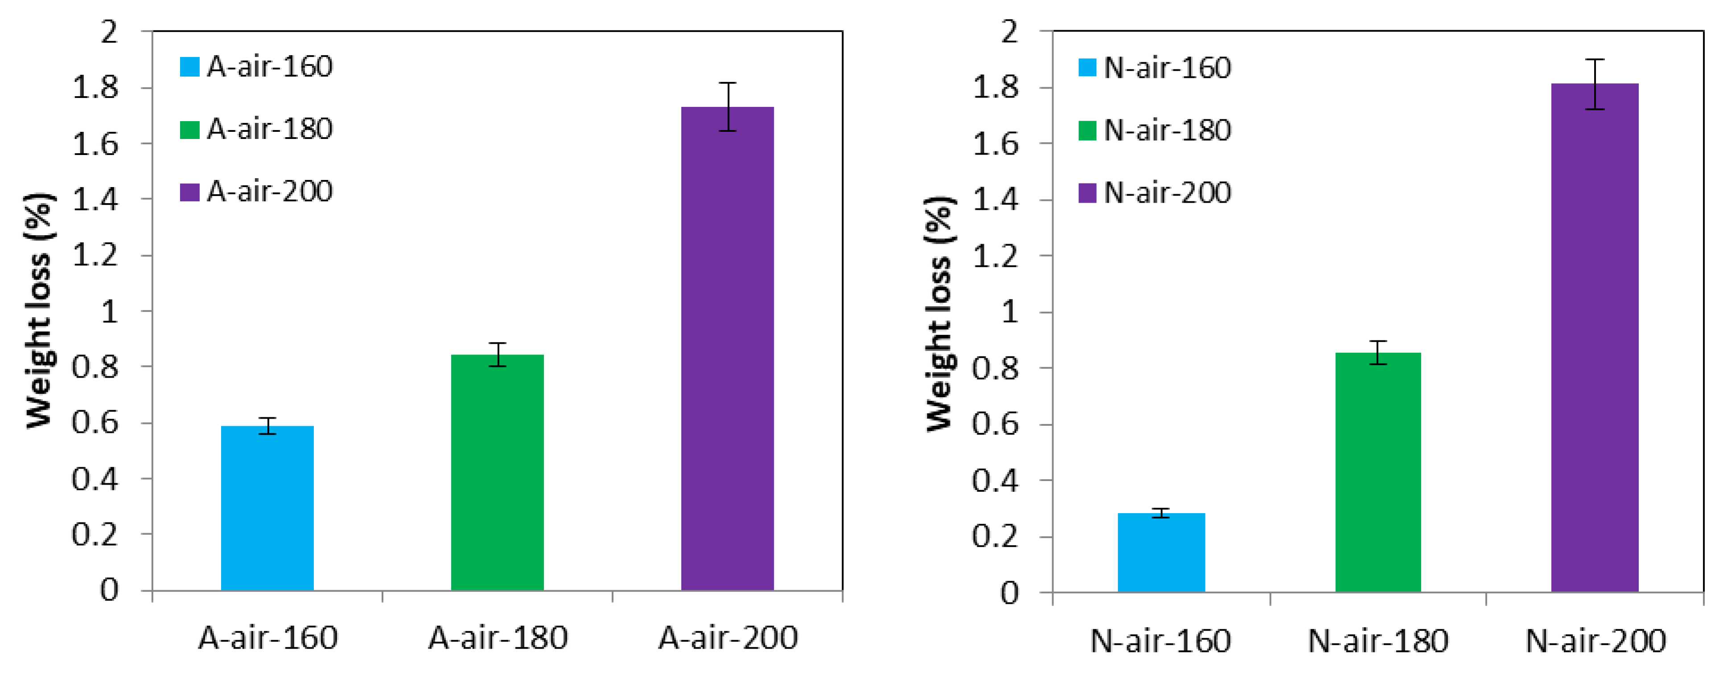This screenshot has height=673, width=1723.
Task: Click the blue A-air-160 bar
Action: pos(267,508)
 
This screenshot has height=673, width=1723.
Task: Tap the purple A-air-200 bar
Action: pos(727,347)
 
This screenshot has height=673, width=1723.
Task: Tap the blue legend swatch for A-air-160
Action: pos(190,67)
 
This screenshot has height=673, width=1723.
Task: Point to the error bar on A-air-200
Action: pos(727,107)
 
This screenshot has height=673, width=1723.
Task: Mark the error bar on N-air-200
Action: pos(1595,84)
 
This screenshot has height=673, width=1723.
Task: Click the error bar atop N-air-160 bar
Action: pos(1161,513)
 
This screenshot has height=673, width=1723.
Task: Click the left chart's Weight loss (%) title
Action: pos(39,311)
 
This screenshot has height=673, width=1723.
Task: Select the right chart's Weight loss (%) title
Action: pos(939,314)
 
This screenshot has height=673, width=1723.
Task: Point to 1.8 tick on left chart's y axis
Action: pos(96,88)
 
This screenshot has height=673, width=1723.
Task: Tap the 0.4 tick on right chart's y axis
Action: pos(995,481)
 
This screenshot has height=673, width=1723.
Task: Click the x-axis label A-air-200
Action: pos(728,638)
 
